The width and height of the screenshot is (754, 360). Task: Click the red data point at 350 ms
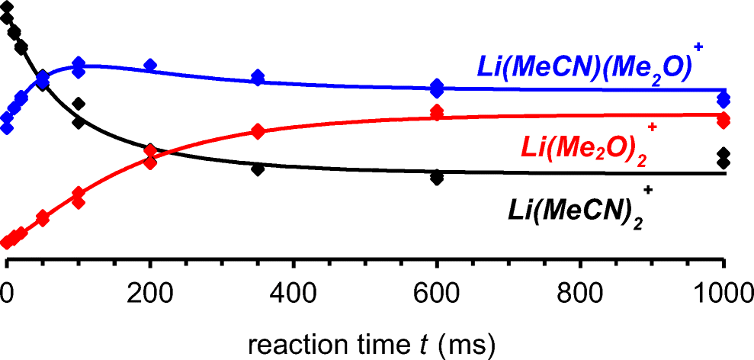pos(258,131)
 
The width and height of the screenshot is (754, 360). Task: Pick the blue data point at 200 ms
pos(150,66)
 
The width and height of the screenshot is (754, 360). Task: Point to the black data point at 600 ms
pos(437,178)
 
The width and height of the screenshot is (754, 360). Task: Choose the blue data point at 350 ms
pos(258,77)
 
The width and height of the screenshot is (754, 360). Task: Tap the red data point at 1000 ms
pos(724,120)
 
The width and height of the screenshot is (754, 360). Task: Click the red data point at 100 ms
pos(78,199)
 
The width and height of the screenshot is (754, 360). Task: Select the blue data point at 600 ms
pos(437,88)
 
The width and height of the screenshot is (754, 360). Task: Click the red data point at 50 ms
pos(43,219)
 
